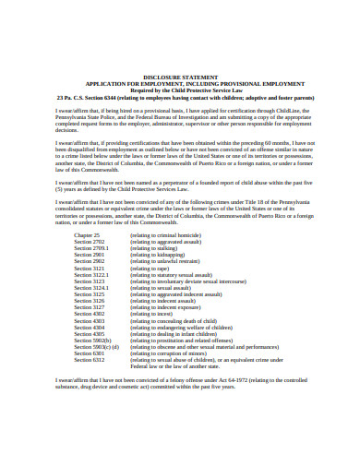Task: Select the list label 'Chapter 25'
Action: (x=88, y=235)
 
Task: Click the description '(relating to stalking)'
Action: (x=155, y=248)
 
